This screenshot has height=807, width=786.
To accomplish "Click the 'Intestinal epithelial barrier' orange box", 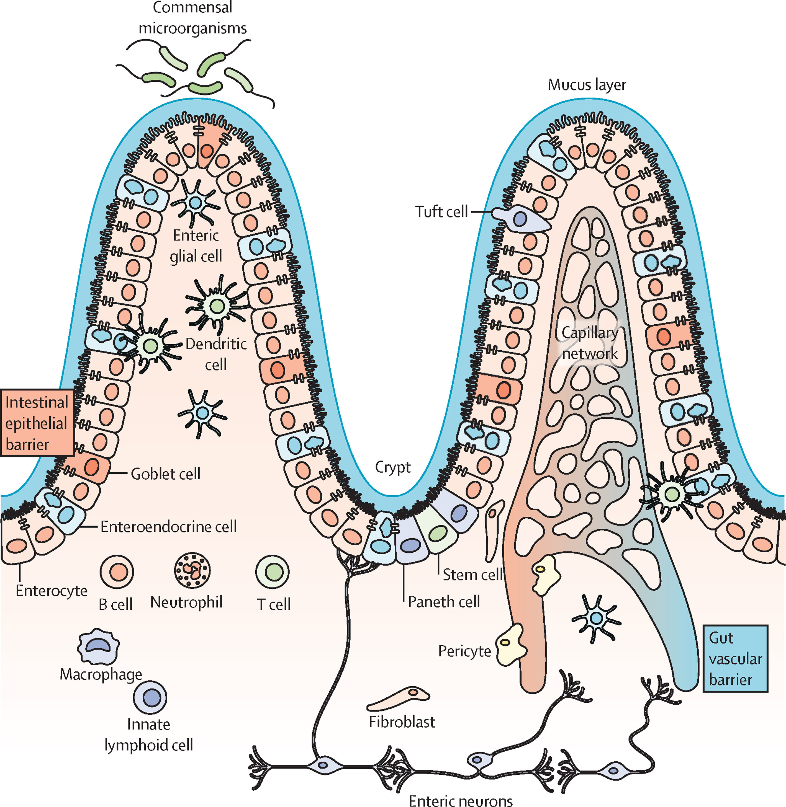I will tap(37, 423).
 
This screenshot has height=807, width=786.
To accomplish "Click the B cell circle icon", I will tap(117, 572).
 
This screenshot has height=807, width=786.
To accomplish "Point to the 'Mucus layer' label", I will tap(587, 85).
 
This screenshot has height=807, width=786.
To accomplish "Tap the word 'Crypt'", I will tap(393, 467).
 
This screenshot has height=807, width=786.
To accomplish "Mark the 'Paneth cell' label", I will tap(444, 602).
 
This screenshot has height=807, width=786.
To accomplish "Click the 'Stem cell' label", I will tap(472, 574).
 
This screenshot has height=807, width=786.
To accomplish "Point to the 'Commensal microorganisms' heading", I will tap(192, 17).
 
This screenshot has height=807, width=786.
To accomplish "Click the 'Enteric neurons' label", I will tap(461, 800).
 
